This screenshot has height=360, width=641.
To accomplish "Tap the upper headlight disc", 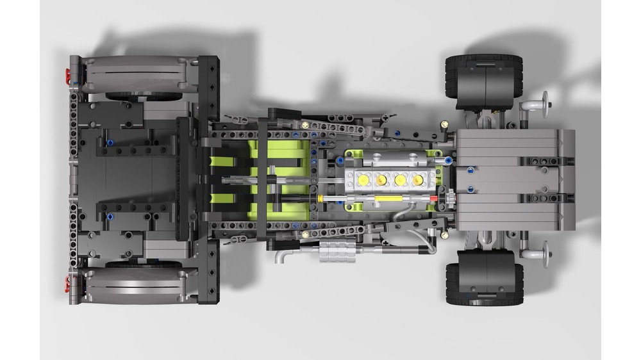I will coord(547,101).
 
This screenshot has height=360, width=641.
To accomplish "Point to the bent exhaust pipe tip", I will coord(282,256).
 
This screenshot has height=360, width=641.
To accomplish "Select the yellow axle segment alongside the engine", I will coord(385,200).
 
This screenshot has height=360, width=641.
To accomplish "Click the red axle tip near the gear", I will coord(437,200).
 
